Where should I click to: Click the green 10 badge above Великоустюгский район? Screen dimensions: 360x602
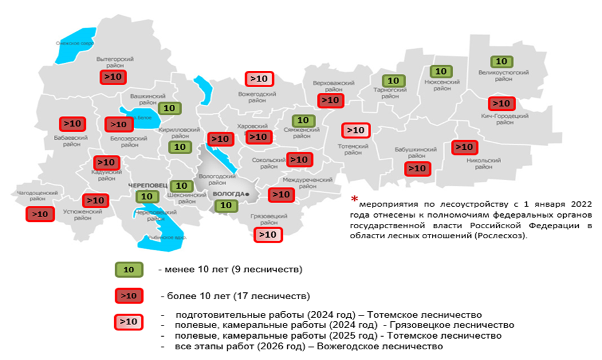[x=501, y=61]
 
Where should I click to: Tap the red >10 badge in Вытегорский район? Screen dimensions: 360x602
[x=114, y=77]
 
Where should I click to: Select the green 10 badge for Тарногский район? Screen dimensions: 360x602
[x=393, y=81]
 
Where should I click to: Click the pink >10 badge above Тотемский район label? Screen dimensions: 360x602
[x=355, y=130]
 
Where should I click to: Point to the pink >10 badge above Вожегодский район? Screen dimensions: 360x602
[x=258, y=79]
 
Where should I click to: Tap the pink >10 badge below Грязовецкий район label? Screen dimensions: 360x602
[x=268, y=235]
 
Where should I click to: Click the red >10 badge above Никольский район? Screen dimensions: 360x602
[x=465, y=147]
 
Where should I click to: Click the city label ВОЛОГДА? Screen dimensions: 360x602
[x=230, y=194]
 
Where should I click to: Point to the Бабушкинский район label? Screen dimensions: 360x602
[x=416, y=153]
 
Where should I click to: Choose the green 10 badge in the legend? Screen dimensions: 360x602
[x=129, y=270]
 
